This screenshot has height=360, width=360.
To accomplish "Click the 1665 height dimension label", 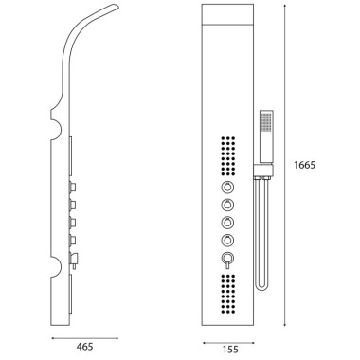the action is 304,165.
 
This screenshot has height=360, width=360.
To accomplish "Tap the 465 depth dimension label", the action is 85,347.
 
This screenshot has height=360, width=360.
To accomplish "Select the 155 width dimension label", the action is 230,350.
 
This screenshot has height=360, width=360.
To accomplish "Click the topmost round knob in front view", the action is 227,188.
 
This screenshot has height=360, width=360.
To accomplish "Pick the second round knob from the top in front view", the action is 227,206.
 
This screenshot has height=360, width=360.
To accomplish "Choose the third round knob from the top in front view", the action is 227,223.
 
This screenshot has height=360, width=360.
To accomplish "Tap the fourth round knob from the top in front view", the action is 227,241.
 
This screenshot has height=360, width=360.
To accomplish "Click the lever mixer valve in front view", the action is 227,260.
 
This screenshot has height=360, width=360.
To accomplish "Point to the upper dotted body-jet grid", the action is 228,156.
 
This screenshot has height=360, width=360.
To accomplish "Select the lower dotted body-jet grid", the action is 228,294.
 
